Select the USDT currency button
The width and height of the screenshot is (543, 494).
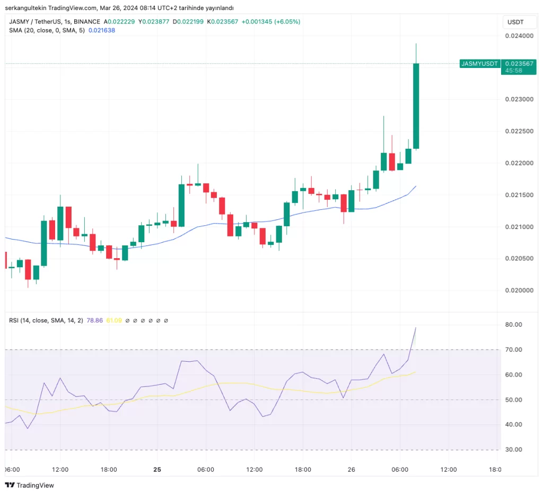click(515, 22)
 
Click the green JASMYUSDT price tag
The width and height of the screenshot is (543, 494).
click(480, 64)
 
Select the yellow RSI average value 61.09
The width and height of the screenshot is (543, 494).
click(114, 320)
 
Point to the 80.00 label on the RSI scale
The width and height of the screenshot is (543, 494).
click(514, 325)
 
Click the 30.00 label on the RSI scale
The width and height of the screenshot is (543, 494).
click(514, 449)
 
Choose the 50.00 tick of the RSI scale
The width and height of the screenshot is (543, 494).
click(514, 399)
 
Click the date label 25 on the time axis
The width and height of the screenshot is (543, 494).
click(157, 470)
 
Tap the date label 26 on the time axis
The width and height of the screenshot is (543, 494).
click(351, 470)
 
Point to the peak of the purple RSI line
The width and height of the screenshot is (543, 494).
click(416, 328)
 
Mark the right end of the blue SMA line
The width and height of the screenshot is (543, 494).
click(416, 186)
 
